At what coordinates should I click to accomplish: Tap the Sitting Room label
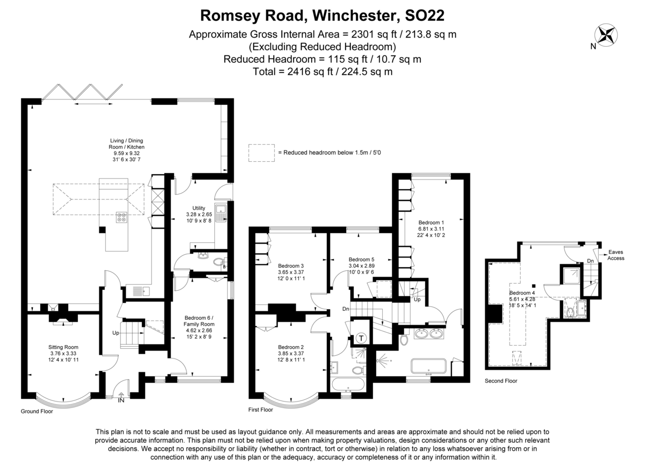click(63, 347)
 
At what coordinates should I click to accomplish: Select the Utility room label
click(199, 208)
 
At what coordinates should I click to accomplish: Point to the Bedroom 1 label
click(432, 223)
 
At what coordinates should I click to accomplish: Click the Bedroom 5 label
click(361, 259)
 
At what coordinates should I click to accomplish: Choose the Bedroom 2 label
click(291, 347)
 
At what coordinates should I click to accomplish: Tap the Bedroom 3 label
click(291, 266)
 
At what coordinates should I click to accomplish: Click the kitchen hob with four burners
click(121, 218)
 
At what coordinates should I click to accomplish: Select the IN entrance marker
click(121, 400)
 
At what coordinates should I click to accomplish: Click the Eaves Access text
click(616, 255)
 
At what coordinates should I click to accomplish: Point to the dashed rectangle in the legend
click(261, 153)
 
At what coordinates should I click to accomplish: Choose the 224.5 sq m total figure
click(371, 71)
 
